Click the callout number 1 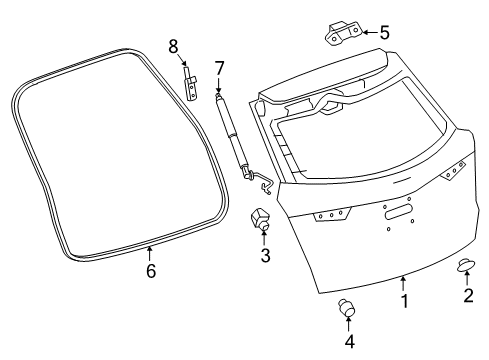pos(405,299)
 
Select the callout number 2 pos(467,295)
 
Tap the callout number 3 pos(266,255)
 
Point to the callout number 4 pos(349,342)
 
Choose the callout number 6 pos(151,271)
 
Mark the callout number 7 pos(219,69)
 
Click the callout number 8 pos(173,46)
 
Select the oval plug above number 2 pos(466,264)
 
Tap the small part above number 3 pos(262,219)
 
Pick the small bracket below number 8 pos(191,84)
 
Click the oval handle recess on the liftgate pos(397,211)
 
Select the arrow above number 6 pos(151,251)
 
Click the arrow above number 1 pos(404,282)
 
